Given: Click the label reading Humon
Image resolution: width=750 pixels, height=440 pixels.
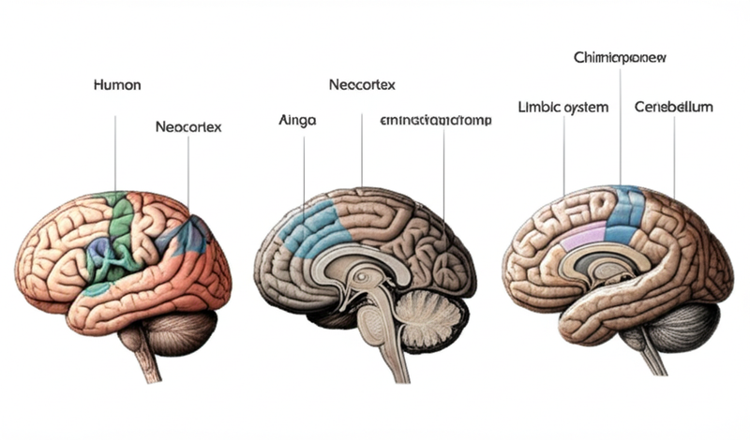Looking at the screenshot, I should click(117, 85).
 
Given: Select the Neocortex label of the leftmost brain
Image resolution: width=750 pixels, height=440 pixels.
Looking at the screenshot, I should click(188, 126).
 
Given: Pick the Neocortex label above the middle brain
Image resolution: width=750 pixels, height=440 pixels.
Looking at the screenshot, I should click(362, 85).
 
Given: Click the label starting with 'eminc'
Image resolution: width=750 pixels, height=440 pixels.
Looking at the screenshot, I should click(437, 121).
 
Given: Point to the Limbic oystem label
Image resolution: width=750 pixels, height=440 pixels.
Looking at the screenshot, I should click(562, 108).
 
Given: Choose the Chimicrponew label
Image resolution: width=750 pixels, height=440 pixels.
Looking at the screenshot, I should click(620, 57).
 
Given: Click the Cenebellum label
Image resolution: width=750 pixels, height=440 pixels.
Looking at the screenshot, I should click(673, 108).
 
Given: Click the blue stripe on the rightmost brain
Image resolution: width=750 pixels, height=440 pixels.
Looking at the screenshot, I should click(623, 213).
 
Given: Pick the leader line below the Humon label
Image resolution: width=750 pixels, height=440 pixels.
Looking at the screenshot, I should click(116, 150).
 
